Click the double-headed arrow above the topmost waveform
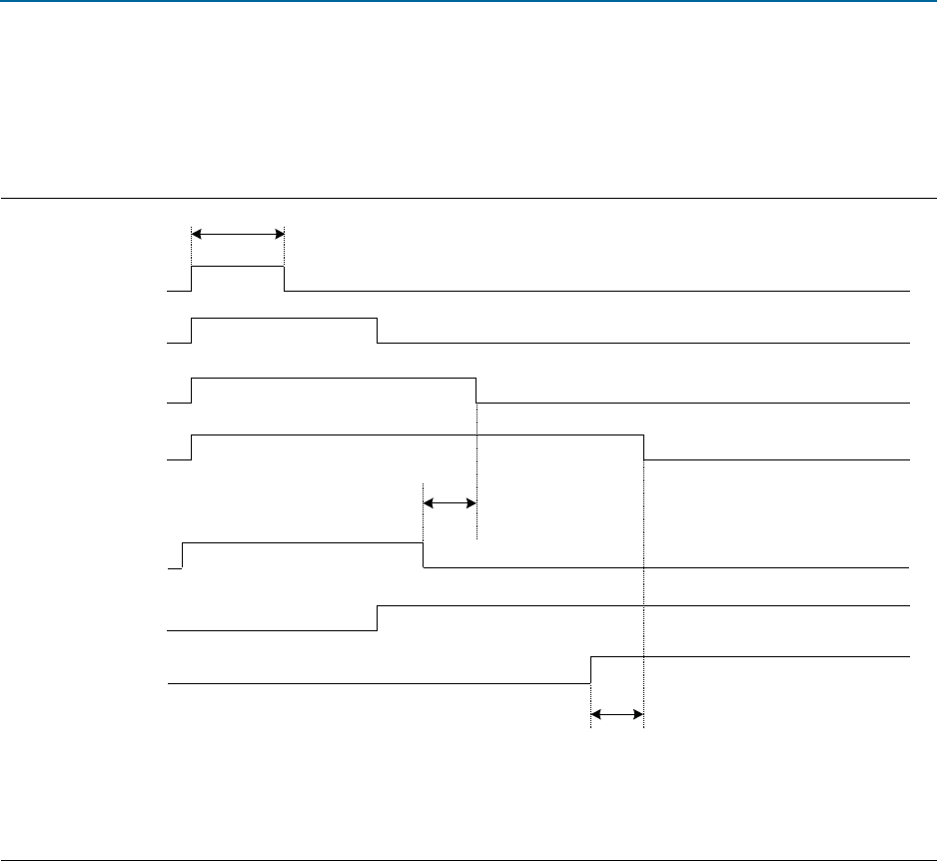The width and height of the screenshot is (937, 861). [238, 235]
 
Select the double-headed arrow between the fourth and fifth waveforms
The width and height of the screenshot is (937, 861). [450, 503]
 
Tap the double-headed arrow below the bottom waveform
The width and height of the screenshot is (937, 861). [616, 714]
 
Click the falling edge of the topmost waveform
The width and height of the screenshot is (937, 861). [285, 279]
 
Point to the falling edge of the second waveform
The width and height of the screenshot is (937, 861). [378, 330]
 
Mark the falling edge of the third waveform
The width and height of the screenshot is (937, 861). [475, 391]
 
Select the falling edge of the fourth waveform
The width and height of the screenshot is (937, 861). [643, 447]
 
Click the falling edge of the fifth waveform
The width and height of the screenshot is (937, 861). [424, 555]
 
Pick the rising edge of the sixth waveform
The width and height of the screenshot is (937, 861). [378, 618]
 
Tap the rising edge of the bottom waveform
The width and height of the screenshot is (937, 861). [591, 670]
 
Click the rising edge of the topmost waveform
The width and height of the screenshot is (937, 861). [191, 279]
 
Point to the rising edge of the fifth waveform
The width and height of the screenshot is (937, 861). [182, 555]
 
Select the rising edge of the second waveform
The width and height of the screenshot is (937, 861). [191, 330]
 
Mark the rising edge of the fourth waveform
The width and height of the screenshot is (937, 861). [191, 447]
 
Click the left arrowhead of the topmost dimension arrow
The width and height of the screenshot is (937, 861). [195, 235]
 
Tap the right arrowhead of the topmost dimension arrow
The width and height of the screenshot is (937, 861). [281, 235]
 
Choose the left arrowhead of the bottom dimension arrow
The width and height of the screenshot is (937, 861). [595, 714]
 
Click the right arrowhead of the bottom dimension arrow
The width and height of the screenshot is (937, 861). [639, 714]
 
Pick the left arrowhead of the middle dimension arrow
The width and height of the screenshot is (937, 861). [428, 503]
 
